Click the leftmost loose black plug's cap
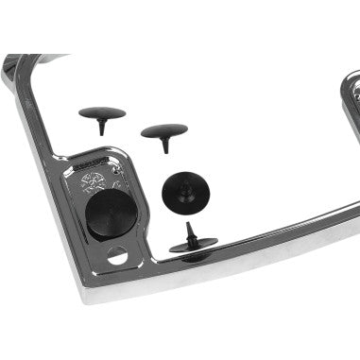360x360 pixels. coord(101,113)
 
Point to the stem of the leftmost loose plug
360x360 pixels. coord(99,127)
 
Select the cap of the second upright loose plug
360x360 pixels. coord(163,130)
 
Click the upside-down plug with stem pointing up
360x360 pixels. coord(193,244)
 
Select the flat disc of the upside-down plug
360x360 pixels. coord(194,248)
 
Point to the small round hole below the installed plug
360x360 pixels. coord(117,255)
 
